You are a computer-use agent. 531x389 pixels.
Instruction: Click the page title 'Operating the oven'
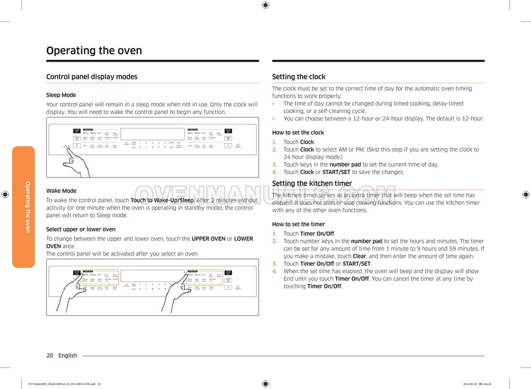click(94, 50)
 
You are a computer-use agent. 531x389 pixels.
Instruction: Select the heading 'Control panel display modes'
click(92, 77)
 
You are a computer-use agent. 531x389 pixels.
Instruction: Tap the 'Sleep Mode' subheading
click(61, 95)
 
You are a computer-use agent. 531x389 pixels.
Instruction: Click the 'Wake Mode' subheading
click(61, 191)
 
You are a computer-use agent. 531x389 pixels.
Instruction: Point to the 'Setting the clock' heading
click(298, 77)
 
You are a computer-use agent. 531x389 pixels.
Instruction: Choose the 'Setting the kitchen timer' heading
click(312, 183)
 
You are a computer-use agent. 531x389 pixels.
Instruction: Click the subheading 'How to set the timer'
click(298, 224)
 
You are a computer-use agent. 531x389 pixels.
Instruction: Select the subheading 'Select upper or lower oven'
click(81, 229)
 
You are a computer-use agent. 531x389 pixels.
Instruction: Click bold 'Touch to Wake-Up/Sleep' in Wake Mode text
click(162, 200)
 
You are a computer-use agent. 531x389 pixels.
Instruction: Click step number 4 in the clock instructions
click(275, 172)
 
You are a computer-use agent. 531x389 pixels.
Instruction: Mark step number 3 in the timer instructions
click(275, 263)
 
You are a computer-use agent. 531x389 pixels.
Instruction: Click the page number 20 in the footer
click(50, 356)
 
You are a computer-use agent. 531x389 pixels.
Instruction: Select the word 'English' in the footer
click(68, 356)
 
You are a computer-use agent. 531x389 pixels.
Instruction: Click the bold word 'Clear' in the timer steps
click(359, 256)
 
